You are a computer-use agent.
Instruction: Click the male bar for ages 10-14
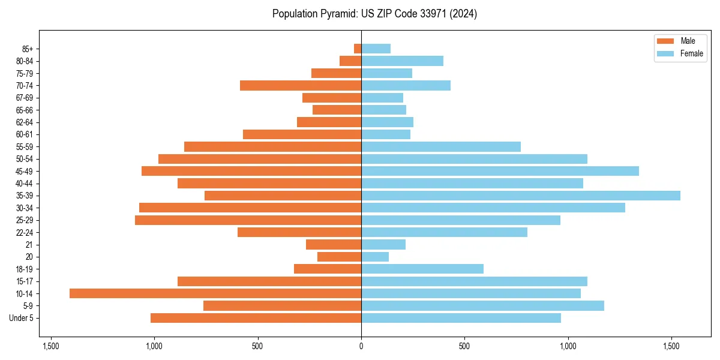pos(215,293)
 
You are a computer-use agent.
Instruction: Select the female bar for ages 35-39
pos(521,196)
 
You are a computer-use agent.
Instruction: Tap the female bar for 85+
pos(376,49)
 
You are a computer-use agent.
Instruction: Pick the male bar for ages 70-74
pos(301,85)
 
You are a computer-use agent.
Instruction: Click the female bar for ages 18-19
pos(422,269)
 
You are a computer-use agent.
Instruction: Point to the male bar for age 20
pos(339,257)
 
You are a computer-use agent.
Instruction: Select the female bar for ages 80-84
pos(402,61)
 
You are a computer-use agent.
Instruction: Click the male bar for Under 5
pos(256,318)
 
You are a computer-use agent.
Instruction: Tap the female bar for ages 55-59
pos(441,146)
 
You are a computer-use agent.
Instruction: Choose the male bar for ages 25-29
pos(248,220)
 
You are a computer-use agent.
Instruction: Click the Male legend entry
pos(688,41)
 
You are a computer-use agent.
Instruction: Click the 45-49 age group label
pos(24,171)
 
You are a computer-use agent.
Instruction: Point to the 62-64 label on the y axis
pos(24,122)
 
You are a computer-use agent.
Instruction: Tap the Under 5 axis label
pos(22,318)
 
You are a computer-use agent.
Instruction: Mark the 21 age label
pos(29,245)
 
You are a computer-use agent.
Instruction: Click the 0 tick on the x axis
pos(361,346)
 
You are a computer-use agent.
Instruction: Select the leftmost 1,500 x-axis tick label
pos(51,346)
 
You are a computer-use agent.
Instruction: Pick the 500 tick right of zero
pos(464,346)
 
